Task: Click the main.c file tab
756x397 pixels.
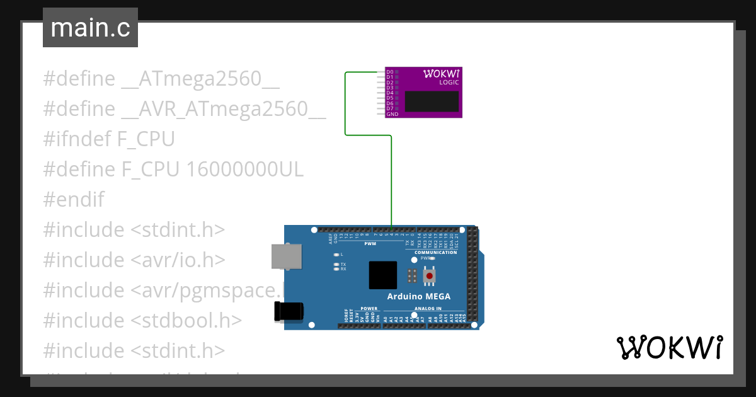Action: click(90, 28)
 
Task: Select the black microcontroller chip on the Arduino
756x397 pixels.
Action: click(383, 275)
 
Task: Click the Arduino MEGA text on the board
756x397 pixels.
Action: click(418, 297)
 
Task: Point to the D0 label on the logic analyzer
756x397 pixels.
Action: click(390, 72)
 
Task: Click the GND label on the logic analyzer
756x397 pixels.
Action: click(392, 114)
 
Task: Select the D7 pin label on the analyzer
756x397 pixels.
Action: click(390, 108)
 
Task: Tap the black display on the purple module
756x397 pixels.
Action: click(432, 101)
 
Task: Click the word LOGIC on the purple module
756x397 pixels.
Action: click(449, 83)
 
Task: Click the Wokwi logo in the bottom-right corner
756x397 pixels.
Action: click(669, 348)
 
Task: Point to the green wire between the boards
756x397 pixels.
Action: click(345, 104)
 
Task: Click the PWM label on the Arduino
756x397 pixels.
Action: click(370, 243)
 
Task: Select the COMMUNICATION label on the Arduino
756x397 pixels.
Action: click(435, 252)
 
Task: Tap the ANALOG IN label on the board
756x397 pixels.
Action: click(427, 309)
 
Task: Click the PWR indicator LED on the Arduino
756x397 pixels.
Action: click(433, 258)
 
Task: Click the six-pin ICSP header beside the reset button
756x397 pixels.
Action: click(412, 275)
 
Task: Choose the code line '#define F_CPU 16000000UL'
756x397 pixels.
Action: click(173, 170)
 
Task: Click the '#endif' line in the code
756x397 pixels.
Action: click(73, 200)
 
